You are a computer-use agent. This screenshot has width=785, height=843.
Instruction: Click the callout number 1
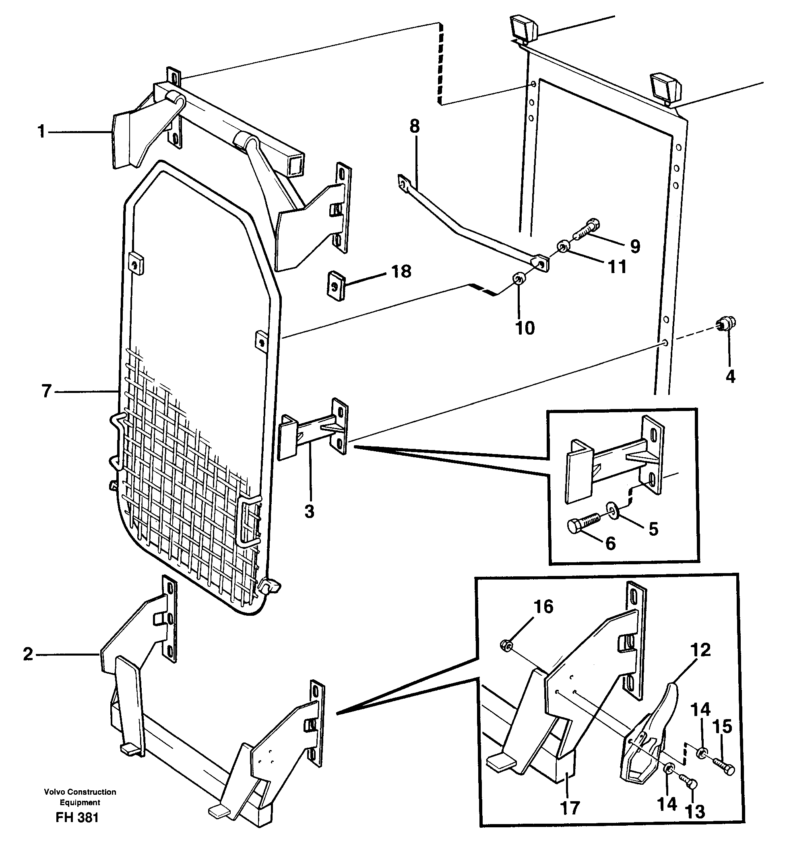pos(41,132)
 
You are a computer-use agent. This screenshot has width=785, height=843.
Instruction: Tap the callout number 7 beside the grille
pos(47,391)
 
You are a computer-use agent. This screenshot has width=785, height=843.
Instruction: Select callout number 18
pos(401,271)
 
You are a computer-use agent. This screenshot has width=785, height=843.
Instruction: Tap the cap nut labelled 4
pos(728,325)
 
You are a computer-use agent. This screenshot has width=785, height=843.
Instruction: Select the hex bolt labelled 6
pos(584,522)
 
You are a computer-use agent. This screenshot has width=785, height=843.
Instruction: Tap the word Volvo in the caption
pos(54,792)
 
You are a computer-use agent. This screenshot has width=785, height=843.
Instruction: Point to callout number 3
pos(309,512)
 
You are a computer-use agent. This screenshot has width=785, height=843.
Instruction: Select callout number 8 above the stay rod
pos(415,126)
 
